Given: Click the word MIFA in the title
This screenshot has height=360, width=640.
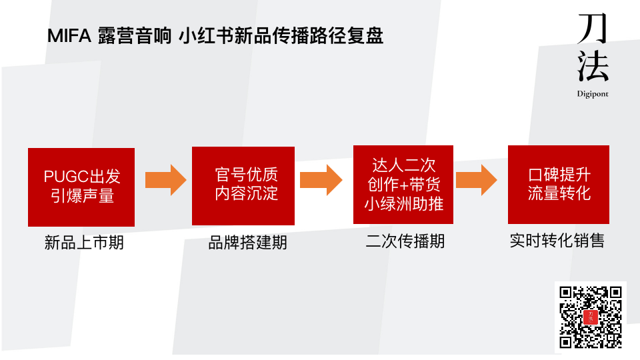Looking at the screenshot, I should pyautogui.click(x=69, y=36).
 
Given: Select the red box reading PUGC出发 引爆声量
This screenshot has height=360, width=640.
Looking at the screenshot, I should pyautogui.click(x=81, y=187).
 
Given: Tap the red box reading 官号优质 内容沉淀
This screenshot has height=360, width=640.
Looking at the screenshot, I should pyautogui.click(x=243, y=185).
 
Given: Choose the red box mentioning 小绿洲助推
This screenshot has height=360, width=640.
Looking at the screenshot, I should pyautogui.click(x=403, y=184).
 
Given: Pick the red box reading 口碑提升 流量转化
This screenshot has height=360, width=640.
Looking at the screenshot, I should pyautogui.click(x=559, y=185).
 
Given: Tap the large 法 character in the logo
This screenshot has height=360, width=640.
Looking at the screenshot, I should pyautogui.click(x=593, y=67).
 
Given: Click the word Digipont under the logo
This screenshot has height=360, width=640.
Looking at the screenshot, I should pyautogui.click(x=593, y=94).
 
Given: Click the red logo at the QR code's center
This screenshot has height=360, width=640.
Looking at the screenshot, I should pyautogui.click(x=591, y=317).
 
